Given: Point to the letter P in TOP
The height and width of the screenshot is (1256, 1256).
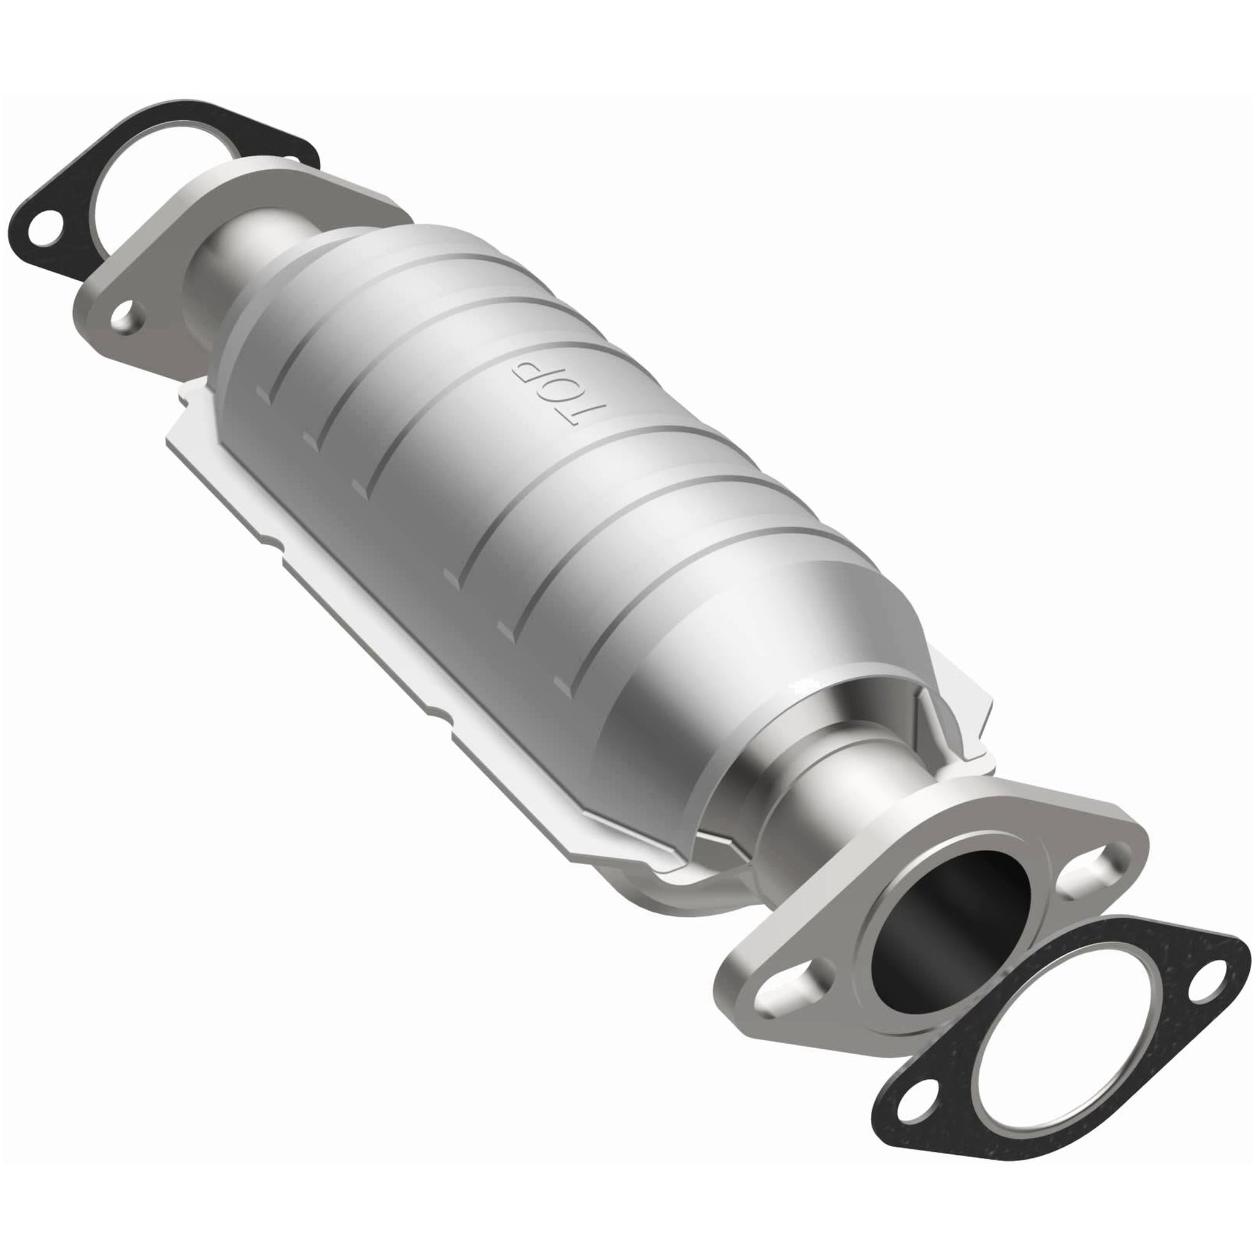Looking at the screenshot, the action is pyautogui.click(x=526, y=369).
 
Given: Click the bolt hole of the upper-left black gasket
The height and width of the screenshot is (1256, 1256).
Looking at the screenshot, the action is pyautogui.click(x=43, y=231).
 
